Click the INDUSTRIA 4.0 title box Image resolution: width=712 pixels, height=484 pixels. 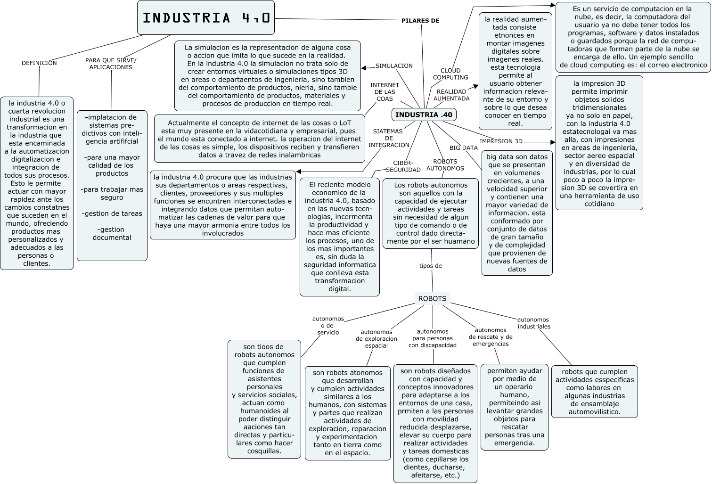click(x=206, y=18)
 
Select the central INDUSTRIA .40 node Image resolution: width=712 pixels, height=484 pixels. click(x=424, y=115)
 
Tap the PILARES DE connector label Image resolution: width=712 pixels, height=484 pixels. click(x=420, y=21)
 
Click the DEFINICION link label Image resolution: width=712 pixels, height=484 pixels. click(x=39, y=63)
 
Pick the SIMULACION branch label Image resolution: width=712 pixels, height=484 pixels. click(x=394, y=66)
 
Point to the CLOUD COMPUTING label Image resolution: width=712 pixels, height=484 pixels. click(x=450, y=74)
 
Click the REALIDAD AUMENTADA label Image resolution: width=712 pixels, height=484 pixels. click(x=451, y=95)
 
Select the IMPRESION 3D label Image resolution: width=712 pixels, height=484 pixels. click(x=501, y=141)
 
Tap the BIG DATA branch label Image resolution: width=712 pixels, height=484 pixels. click(x=463, y=148)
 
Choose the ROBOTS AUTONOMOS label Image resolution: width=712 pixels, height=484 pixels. click(x=445, y=165)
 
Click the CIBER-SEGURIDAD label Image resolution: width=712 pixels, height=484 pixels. click(x=403, y=166)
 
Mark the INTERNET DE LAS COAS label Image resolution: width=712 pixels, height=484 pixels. click(x=385, y=92)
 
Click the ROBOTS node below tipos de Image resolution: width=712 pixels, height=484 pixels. click(x=432, y=299)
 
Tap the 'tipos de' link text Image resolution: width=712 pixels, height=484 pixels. click(x=430, y=266)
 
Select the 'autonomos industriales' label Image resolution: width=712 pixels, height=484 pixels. click(x=533, y=323)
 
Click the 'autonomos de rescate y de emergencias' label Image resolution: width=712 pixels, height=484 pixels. click(x=491, y=337)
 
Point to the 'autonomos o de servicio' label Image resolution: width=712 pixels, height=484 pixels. click(x=328, y=326)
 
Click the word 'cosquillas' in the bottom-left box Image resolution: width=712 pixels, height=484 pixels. click(x=264, y=451)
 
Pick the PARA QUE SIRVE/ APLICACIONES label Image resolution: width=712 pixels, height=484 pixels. click(x=111, y=64)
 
